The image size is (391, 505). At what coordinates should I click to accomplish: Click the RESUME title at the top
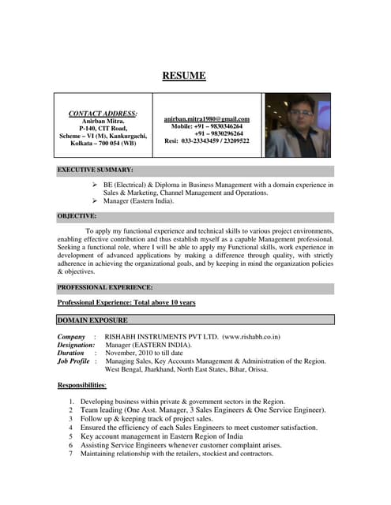[184, 77]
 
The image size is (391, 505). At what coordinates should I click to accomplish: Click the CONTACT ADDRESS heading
[103, 114]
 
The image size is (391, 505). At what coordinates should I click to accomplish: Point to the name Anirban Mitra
[103, 121]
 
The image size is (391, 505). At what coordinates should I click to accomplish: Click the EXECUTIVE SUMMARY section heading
[95, 170]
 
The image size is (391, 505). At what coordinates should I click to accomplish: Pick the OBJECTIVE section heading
[77, 215]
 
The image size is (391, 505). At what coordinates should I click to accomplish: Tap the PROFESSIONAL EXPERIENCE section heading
[105, 287]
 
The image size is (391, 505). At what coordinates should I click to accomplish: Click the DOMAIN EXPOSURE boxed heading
[92, 320]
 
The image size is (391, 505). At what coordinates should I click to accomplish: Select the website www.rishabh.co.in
[251, 337]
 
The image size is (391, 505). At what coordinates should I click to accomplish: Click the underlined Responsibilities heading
[81, 385]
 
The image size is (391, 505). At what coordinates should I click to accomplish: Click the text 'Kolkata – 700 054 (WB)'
[103, 143]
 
